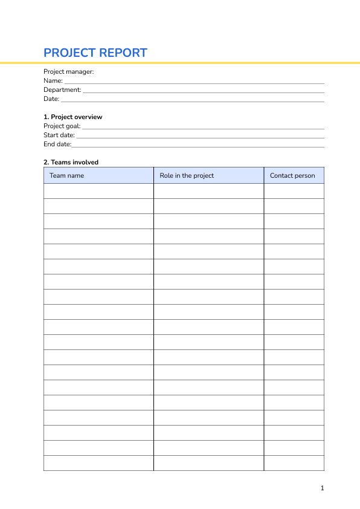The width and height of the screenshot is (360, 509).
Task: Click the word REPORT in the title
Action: click(x=123, y=53)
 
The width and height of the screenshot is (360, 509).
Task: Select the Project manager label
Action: click(x=69, y=71)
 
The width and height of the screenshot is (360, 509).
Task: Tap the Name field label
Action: click(x=53, y=80)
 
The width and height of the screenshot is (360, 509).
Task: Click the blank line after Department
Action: click(x=203, y=91)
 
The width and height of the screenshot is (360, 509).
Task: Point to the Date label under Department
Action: click(x=51, y=99)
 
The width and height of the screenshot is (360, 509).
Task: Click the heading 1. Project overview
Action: click(x=73, y=117)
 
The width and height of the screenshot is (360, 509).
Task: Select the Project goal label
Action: click(x=62, y=126)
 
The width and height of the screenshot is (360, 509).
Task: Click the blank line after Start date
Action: click(x=200, y=136)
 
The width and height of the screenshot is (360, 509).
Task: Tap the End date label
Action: click(x=57, y=144)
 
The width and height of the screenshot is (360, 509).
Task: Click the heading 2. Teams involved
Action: click(x=71, y=162)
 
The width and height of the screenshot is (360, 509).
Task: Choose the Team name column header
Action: click(x=66, y=175)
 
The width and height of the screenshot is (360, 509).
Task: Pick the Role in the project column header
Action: click(x=187, y=175)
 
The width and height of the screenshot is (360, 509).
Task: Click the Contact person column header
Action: click(x=292, y=175)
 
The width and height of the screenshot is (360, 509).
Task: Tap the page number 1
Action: click(x=322, y=488)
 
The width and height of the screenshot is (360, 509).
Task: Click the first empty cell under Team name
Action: click(x=98, y=191)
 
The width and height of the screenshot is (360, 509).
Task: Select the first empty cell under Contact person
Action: click(x=294, y=191)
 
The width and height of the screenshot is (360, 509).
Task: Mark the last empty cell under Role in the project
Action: click(x=208, y=463)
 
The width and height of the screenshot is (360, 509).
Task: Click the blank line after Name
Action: click(x=194, y=82)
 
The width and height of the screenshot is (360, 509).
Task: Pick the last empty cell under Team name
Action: click(x=98, y=463)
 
